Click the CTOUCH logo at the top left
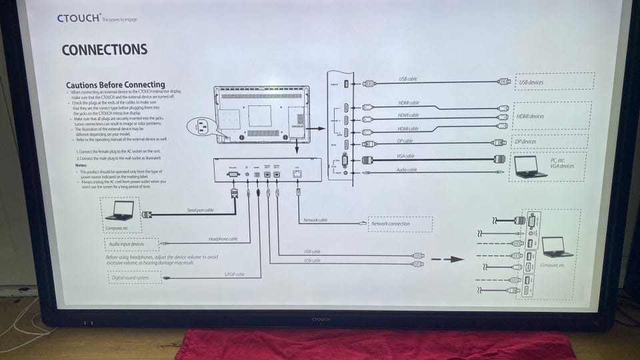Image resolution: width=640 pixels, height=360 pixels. [x=79, y=18]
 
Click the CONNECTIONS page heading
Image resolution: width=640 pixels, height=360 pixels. [x=104, y=50]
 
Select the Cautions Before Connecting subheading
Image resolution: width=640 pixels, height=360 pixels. [x=115, y=85]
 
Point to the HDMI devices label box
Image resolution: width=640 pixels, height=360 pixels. [x=550, y=115]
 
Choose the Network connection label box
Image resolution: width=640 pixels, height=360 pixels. [x=399, y=224]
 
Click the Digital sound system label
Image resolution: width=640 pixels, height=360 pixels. [x=133, y=277]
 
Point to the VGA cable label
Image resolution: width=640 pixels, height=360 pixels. [x=405, y=156]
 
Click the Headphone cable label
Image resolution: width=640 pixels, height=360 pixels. [x=223, y=239]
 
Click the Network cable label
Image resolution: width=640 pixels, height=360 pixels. [x=315, y=219]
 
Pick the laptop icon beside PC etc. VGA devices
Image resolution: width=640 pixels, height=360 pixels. [x=527, y=167]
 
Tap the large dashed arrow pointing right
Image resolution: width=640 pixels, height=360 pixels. [x=447, y=259]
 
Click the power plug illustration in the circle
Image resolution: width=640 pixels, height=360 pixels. [x=203, y=125]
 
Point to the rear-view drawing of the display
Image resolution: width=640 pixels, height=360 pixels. [x=261, y=114]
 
